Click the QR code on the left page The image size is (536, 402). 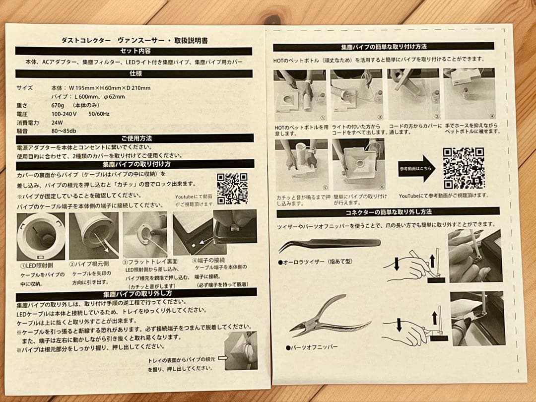coord(232,189)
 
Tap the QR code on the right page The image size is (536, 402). coord(464,168)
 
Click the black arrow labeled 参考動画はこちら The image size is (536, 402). coord(415,168)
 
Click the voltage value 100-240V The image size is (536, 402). coord(64,114)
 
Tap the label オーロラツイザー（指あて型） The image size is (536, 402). coord(316,262)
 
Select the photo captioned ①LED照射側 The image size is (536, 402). coord(41,236)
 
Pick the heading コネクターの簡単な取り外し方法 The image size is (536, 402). coord(387,212)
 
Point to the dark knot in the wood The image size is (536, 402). coord(272,19)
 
